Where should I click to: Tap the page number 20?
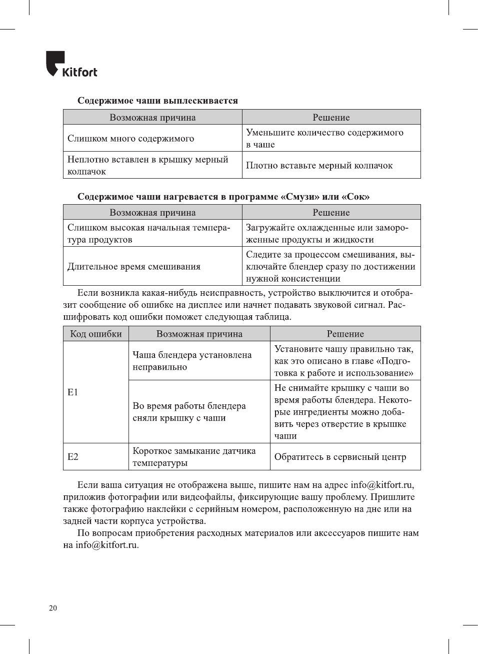(53, 608)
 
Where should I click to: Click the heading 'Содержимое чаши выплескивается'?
(157, 101)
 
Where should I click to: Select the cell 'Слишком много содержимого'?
(131, 139)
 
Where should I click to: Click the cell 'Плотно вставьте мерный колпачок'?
(319, 166)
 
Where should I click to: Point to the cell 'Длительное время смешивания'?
(134, 267)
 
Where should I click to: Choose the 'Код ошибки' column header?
(96, 334)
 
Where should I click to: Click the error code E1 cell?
(73, 392)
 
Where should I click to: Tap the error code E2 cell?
(73, 457)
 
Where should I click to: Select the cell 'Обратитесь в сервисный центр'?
(340, 457)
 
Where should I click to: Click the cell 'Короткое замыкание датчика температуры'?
(194, 457)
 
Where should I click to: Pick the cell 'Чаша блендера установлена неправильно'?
(192, 361)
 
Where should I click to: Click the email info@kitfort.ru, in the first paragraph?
(382, 485)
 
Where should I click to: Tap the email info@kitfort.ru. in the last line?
(107, 545)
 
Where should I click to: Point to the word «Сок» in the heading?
(355, 197)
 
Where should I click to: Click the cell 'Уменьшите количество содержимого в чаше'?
(324, 139)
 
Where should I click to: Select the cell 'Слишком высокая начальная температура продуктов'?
(149, 234)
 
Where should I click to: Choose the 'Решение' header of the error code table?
(345, 334)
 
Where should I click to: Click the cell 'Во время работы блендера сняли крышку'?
(189, 412)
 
